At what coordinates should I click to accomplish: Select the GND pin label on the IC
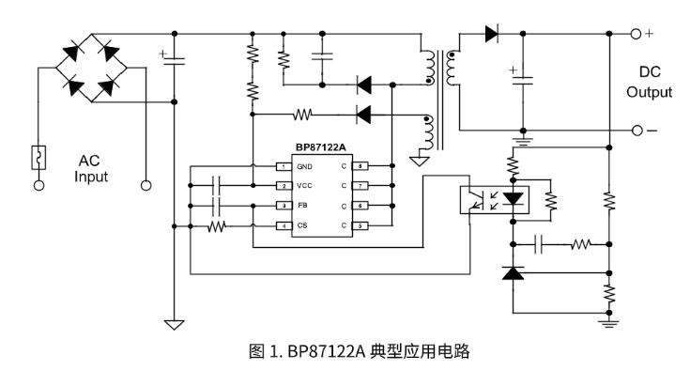(305, 166)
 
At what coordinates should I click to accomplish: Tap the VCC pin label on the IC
(305, 186)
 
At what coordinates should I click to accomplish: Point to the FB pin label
(302, 206)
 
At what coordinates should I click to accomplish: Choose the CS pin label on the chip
(302, 225)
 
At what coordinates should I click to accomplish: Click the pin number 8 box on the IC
(358, 166)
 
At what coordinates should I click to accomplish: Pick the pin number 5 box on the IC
(358, 225)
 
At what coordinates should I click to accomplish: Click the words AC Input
(92, 168)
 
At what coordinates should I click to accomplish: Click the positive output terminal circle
(636, 35)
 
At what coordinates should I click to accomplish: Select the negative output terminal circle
(636, 131)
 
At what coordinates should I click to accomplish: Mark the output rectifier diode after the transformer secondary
(490, 35)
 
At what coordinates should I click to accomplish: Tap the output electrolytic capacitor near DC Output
(521, 81)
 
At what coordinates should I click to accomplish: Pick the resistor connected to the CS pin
(217, 226)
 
